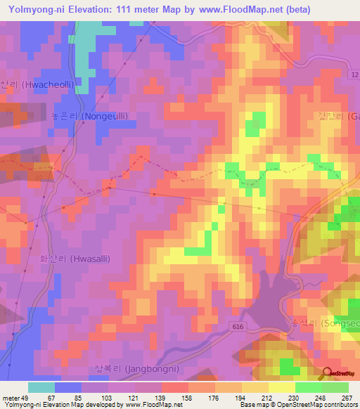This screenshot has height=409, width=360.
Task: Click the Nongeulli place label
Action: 89,116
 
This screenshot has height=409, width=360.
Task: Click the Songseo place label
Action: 331,323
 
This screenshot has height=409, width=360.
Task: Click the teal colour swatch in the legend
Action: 41,387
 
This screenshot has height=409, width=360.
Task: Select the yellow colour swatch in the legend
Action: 282,387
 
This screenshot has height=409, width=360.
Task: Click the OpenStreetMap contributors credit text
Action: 316,405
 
